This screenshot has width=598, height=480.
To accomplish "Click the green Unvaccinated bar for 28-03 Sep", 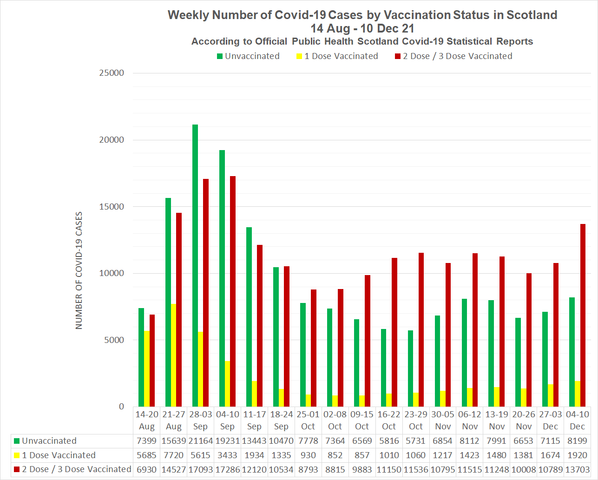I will pyautogui.click(x=195, y=265).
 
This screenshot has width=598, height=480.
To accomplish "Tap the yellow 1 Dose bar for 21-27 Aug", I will pyautogui.click(x=173, y=355).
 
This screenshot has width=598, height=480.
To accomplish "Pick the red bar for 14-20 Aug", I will pyautogui.click(x=152, y=360).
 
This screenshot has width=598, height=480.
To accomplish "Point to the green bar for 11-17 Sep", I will pyautogui.click(x=249, y=316).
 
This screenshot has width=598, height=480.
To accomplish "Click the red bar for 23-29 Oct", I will pyautogui.click(x=421, y=329).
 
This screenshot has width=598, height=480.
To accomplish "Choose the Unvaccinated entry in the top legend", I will pyautogui.click(x=248, y=56).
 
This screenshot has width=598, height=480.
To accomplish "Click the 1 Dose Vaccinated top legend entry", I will pyautogui.click(x=337, y=56).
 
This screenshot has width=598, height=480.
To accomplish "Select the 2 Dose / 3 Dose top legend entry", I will pyautogui.click(x=453, y=56).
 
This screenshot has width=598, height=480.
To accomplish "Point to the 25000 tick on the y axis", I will pyautogui.click(x=112, y=73).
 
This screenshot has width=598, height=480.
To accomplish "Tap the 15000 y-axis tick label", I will pyautogui.click(x=112, y=207).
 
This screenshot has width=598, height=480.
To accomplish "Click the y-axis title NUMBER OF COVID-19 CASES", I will pyautogui.click(x=79, y=270).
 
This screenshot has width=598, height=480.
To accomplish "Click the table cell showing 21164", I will pyautogui.click(x=200, y=441).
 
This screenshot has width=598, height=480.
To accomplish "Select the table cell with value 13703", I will pyautogui.click(x=577, y=470).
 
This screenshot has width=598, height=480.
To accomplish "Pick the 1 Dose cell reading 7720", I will pyautogui.click(x=173, y=455).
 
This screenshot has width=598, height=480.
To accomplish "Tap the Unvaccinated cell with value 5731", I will pyautogui.click(x=416, y=441).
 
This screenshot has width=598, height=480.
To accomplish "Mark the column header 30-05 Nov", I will pyautogui.click(x=443, y=420).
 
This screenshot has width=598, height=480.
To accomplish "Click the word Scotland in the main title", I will pyautogui.click(x=532, y=15).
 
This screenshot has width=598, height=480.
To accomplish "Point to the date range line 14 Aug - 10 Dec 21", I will pyautogui.click(x=362, y=28).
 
